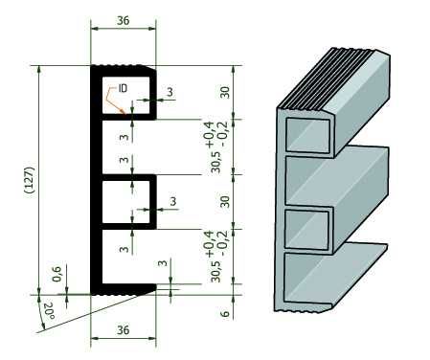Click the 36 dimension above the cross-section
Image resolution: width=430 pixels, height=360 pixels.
pyautogui.click(x=123, y=18)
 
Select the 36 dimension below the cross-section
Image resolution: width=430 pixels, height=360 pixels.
pyautogui.click(x=123, y=330)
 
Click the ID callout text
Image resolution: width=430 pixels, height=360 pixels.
pyautogui.click(x=123, y=89)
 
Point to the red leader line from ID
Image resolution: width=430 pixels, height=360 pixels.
pyautogui.click(x=117, y=101)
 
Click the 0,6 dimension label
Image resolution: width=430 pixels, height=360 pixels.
pyautogui.click(x=57, y=274)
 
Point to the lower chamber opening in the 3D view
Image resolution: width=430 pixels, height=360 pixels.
pyautogui.click(x=306, y=230)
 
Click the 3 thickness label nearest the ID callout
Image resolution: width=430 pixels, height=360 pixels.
pyautogui.click(x=170, y=92)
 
